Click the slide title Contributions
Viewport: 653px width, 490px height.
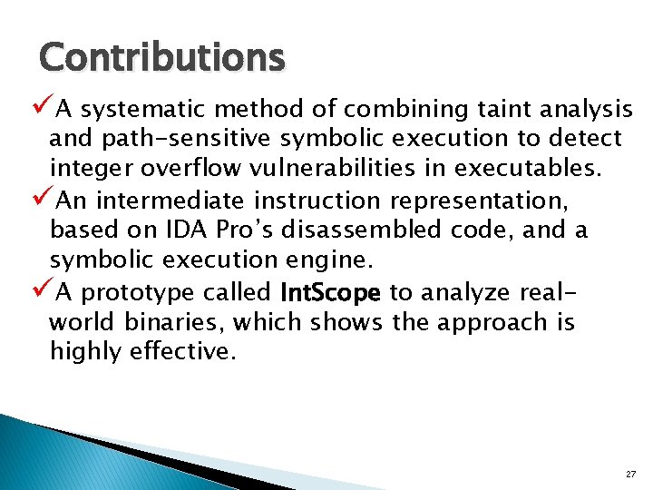(161, 58)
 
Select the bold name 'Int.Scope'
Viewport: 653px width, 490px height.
(330, 293)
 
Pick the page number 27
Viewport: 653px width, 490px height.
(630, 475)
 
